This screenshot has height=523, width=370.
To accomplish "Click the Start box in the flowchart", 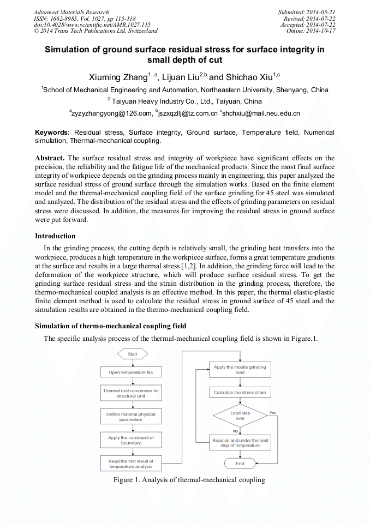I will click(133, 354).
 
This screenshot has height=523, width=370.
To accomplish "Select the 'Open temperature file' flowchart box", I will click(131, 372).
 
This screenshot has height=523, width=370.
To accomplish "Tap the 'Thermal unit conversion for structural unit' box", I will click(131, 393).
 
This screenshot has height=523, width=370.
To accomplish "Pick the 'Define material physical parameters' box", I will click(131, 417).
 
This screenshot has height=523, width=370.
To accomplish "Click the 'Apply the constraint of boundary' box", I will click(131, 440).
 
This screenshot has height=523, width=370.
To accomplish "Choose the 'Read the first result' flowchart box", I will click(131, 464).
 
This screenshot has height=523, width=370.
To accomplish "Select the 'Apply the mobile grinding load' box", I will click(240, 370).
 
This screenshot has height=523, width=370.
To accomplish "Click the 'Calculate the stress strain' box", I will click(240, 393).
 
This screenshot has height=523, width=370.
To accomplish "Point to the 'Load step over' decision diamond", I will click(240, 416).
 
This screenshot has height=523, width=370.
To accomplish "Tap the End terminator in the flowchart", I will click(240, 464).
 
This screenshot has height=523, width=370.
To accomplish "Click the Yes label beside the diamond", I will click(272, 413).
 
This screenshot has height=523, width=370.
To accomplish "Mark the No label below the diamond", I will click(236, 431).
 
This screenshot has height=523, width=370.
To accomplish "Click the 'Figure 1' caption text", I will click(189, 480).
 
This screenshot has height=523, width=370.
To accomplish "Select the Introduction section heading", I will click(56, 236).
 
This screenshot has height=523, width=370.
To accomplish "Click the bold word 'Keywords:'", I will click(52, 133).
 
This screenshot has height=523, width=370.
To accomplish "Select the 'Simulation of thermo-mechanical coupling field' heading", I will click(111, 326).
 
